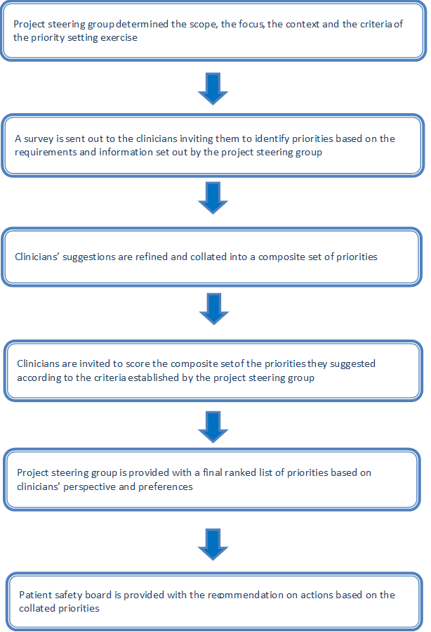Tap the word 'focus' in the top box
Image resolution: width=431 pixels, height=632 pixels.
(251, 24)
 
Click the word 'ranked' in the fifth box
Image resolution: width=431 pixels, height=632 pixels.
(241, 472)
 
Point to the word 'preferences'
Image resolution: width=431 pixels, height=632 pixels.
(166, 487)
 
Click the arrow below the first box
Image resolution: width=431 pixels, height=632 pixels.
(213, 89)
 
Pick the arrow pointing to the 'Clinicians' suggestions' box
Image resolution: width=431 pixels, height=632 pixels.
(213, 198)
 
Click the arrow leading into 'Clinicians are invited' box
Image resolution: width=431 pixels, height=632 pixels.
(213, 309)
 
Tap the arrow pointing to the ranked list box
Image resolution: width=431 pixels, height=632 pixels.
(213, 427)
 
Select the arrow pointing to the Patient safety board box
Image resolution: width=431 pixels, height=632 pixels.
(213, 545)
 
